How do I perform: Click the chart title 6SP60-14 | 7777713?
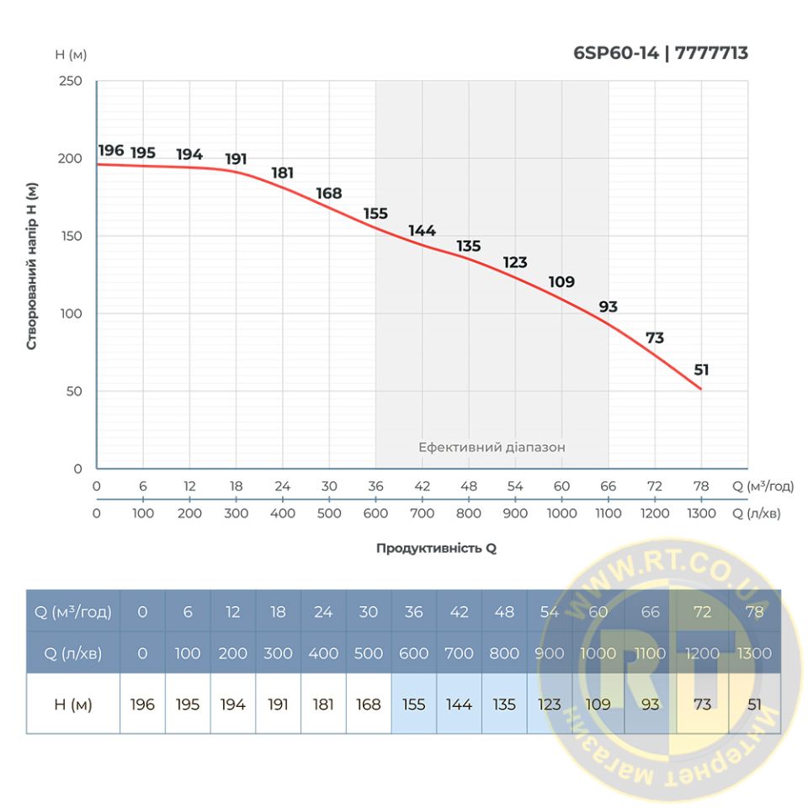click(660, 54)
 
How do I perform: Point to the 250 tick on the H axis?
click(71, 81)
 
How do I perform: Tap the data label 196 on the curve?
click(111, 151)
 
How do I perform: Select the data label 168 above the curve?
click(329, 194)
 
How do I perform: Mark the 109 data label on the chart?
click(561, 282)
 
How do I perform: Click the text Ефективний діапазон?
click(492, 448)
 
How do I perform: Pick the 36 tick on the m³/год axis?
click(375, 486)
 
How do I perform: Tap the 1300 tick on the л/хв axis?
click(701, 513)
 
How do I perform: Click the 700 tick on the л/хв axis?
click(422, 513)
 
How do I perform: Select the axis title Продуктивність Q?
click(436, 548)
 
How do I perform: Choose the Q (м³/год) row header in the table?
click(70, 612)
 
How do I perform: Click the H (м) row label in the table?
click(70, 704)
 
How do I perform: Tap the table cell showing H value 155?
click(413, 704)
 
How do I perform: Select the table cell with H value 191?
click(278, 704)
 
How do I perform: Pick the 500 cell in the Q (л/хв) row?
click(368, 653)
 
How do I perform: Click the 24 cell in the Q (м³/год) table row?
click(323, 612)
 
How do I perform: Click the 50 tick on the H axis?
click(74, 391)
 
